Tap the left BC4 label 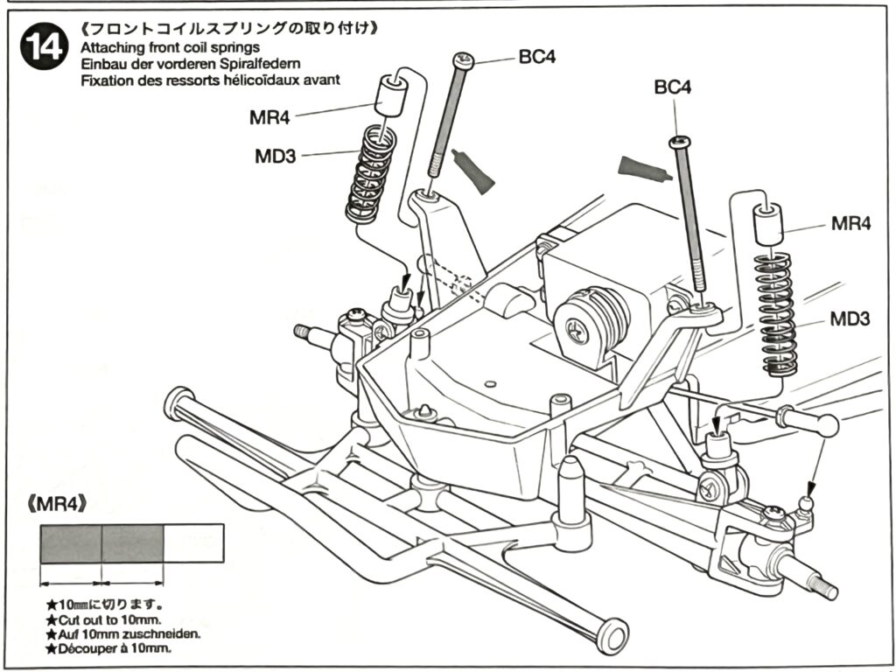point(537,58)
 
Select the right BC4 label point(673,87)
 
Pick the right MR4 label point(850,224)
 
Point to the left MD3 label point(275,157)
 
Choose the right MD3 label point(850,319)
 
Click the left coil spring point(371,173)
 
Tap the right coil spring point(777,313)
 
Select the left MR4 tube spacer point(393,94)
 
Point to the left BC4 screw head point(463,59)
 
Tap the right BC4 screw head point(680,142)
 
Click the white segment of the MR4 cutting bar point(193,543)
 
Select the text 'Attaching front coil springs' point(169,47)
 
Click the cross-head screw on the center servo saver point(575,330)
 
